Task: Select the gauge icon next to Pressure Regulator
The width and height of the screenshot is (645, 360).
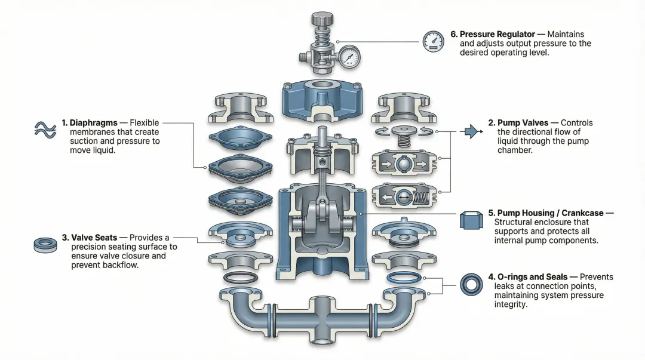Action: (433, 41)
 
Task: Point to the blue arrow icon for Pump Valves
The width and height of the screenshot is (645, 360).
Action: (473, 131)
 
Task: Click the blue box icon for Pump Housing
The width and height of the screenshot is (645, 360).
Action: (471, 221)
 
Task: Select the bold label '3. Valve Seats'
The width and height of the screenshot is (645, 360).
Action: (94, 238)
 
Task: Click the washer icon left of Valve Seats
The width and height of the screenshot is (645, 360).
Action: (45, 244)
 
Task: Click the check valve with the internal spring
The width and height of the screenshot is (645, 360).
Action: (406, 196)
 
